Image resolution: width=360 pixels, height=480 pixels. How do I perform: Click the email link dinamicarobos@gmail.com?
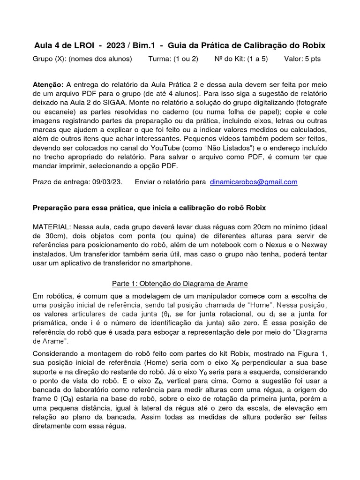pyautogui.click(x=254, y=182)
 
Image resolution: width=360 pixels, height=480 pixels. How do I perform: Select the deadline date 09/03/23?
pyautogui.click(x=106, y=182)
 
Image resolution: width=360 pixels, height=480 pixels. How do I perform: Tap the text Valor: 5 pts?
pyautogui.click(x=302, y=60)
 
